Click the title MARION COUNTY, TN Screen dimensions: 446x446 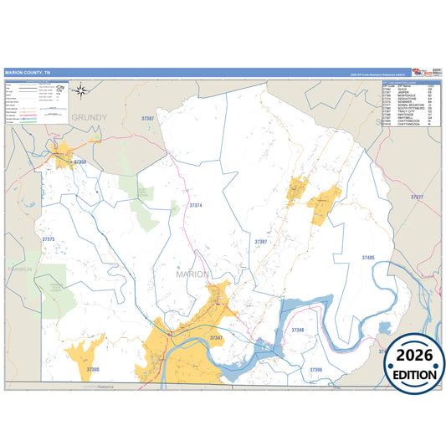click(x=27, y=72)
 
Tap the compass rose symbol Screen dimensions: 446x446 click(x=79, y=91)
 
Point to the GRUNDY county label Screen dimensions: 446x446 click(x=90, y=119)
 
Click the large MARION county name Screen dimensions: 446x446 click(x=193, y=274)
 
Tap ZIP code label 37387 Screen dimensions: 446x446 click(x=148, y=119)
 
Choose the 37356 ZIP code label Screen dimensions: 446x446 click(x=81, y=161)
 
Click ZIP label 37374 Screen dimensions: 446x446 click(x=196, y=204)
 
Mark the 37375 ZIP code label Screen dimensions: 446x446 click(x=48, y=239)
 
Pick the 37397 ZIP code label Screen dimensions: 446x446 click(x=261, y=241)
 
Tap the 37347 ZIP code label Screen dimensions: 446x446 click(x=216, y=337)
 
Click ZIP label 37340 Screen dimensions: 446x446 click(x=299, y=331)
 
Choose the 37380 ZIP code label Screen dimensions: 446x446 click(x=92, y=369)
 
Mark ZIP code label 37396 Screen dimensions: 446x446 click(x=315, y=368)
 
